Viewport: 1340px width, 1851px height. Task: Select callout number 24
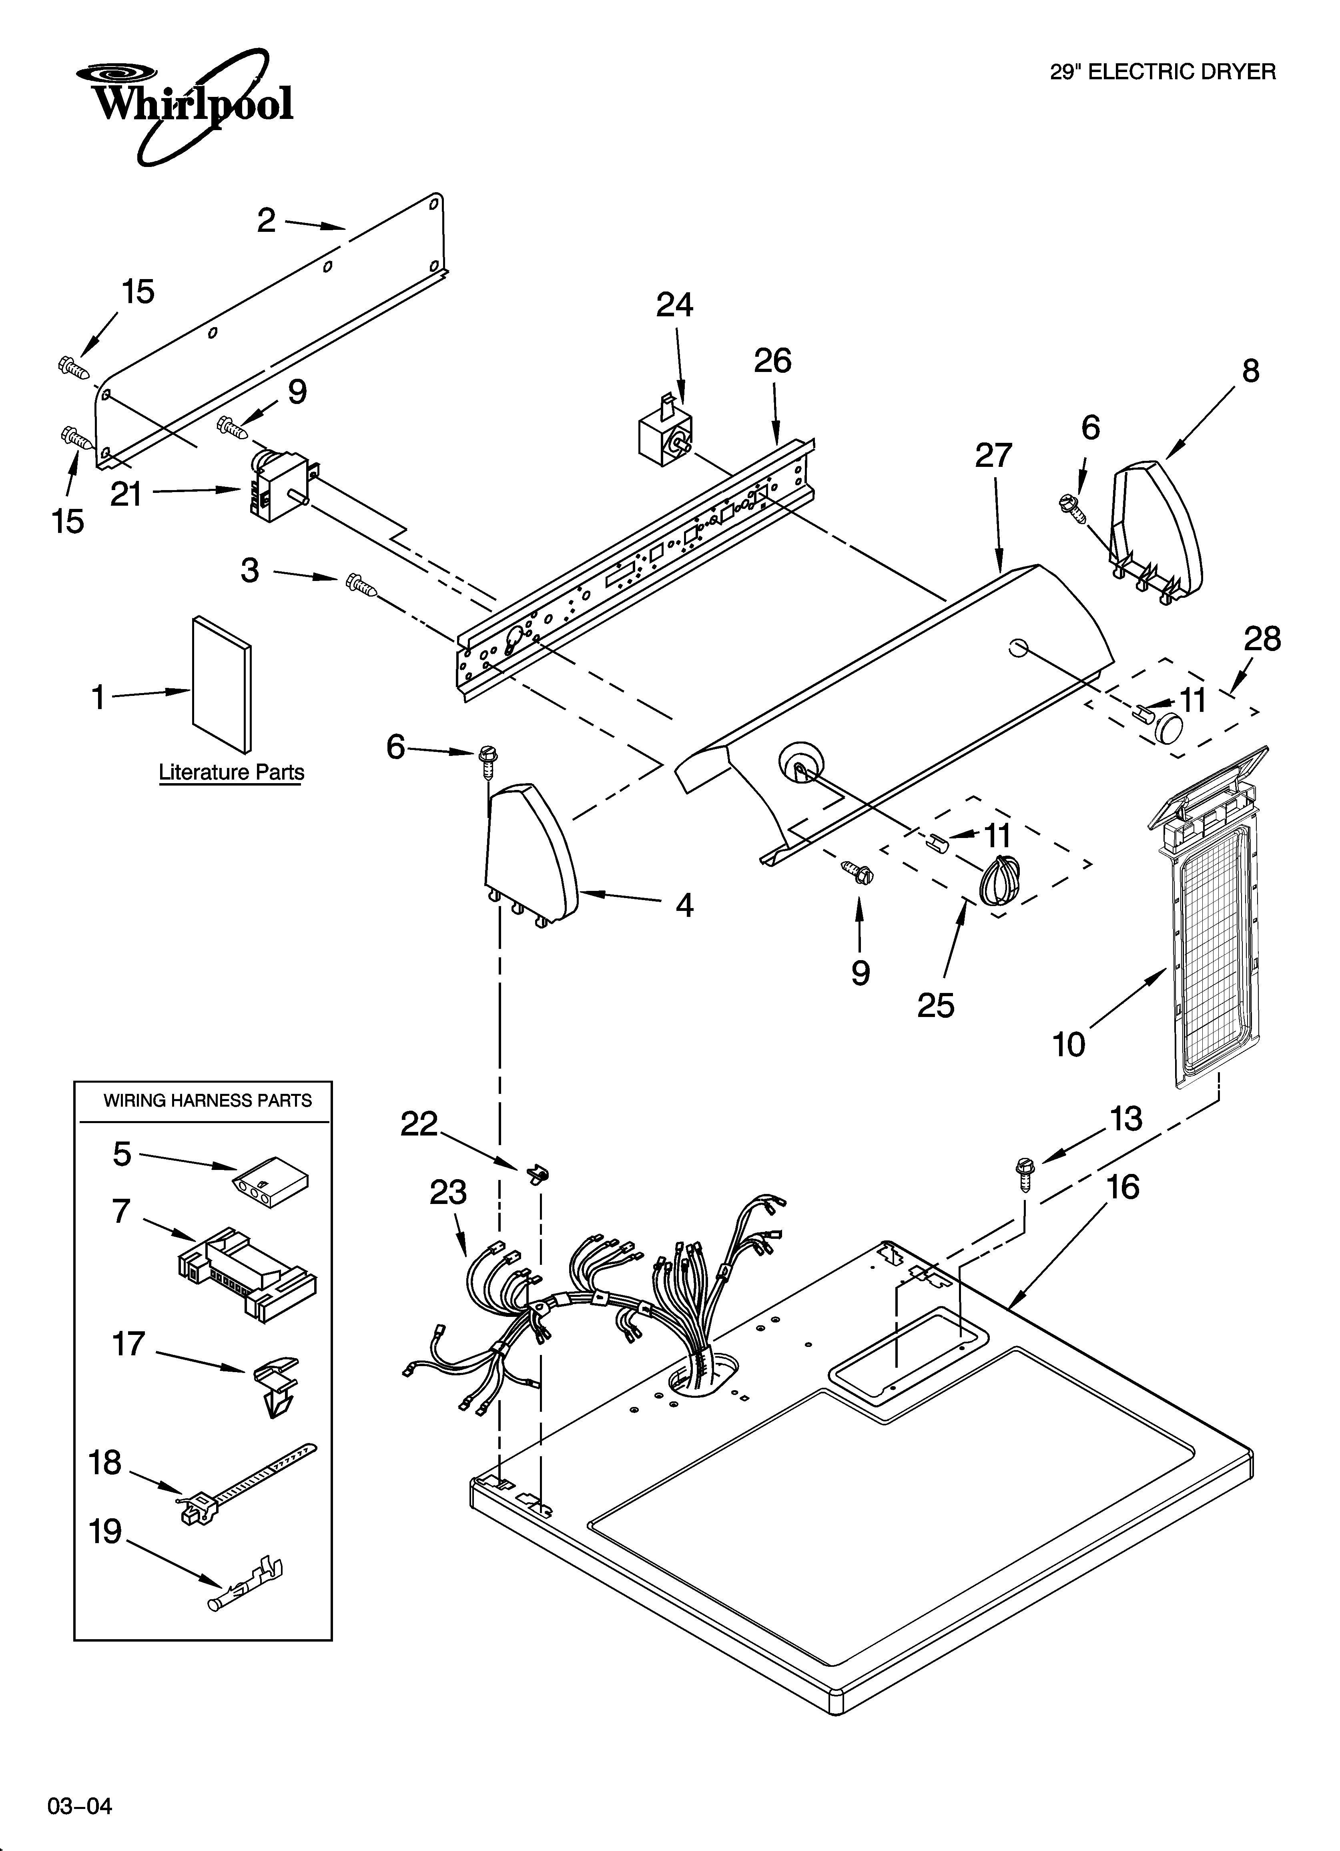(675, 305)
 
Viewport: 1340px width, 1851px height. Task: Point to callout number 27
(993, 455)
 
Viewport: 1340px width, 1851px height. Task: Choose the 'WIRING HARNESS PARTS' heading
(207, 1101)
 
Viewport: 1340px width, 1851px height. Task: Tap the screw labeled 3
(360, 583)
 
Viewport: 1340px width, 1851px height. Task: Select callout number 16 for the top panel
(1123, 1188)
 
